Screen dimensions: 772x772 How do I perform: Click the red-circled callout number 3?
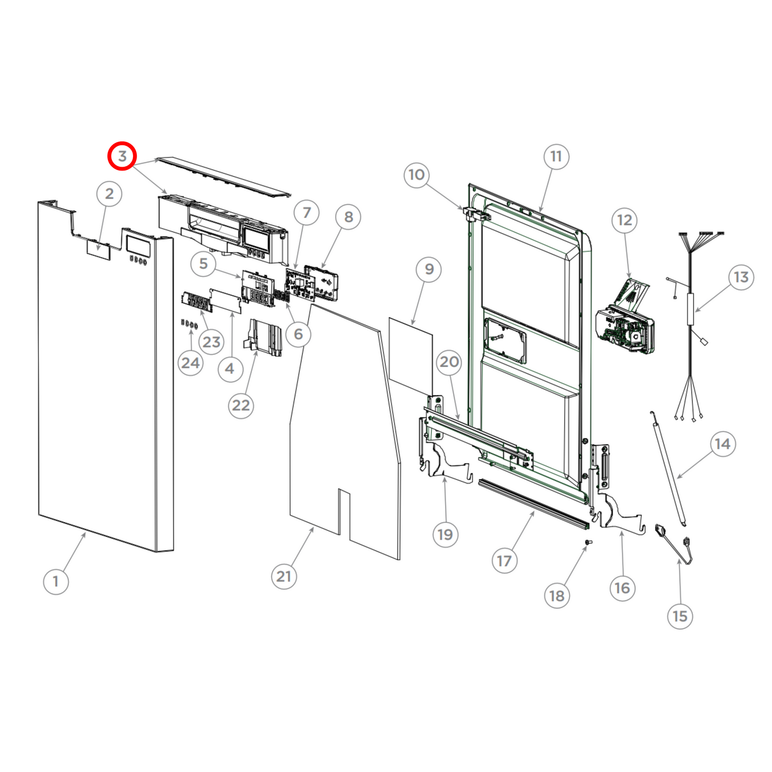click(122, 157)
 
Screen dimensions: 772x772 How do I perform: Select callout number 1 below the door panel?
click(56, 581)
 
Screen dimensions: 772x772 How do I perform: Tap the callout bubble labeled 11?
click(556, 157)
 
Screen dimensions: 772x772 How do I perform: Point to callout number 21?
click(284, 576)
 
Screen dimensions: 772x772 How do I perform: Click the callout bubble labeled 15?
click(680, 616)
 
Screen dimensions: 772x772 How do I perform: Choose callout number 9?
click(429, 269)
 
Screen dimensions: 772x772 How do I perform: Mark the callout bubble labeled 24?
click(190, 363)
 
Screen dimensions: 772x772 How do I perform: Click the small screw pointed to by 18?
click(587, 542)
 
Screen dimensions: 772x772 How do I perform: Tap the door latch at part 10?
click(473, 214)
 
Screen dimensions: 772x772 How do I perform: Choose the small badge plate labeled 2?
click(99, 249)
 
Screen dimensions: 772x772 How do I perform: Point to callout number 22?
click(240, 406)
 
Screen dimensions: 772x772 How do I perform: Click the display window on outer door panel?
click(137, 245)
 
